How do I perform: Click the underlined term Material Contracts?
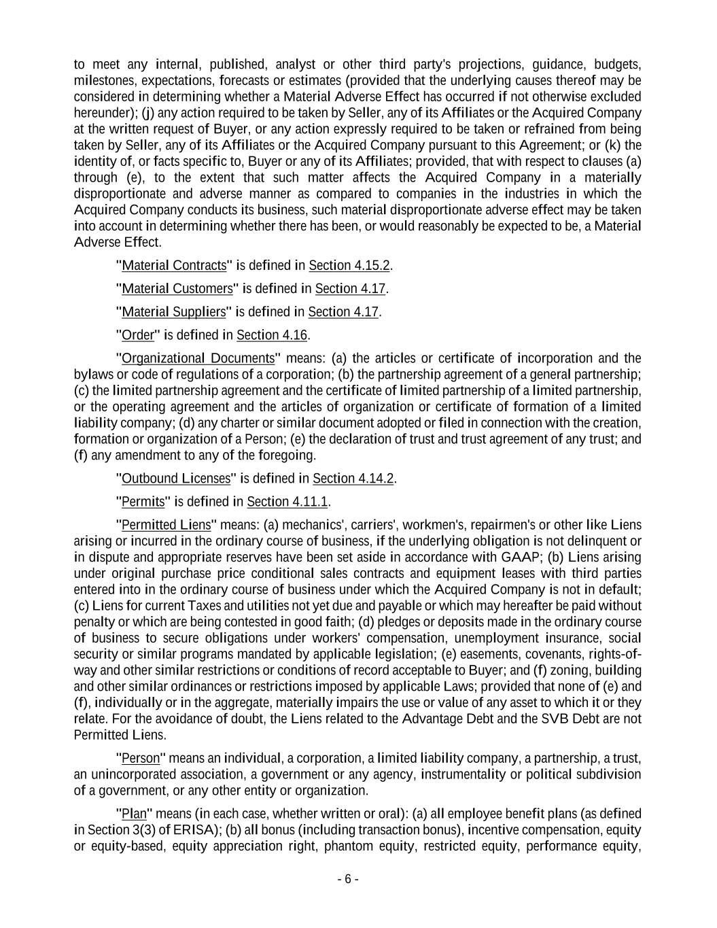tap(173, 266)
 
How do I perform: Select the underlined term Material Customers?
tap(177, 289)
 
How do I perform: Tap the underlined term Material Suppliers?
tap(173, 312)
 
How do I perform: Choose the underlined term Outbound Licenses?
tap(176, 479)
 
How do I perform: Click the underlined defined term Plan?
tap(134, 814)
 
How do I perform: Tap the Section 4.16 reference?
tap(272, 335)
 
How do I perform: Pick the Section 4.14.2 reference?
tap(353, 479)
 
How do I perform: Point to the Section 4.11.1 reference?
tap(287, 502)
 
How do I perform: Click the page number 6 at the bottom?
tap(348, 879)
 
